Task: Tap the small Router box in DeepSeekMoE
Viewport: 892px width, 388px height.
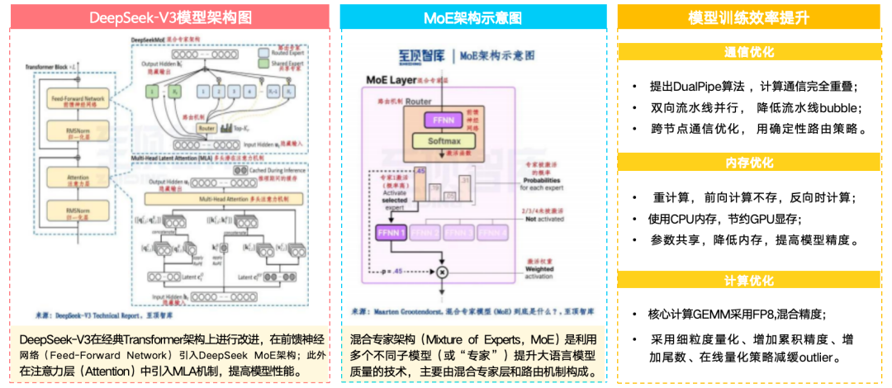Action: pos(206,128)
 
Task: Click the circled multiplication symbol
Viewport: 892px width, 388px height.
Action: pos(443,272)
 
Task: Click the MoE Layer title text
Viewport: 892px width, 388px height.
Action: pos(395,80)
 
